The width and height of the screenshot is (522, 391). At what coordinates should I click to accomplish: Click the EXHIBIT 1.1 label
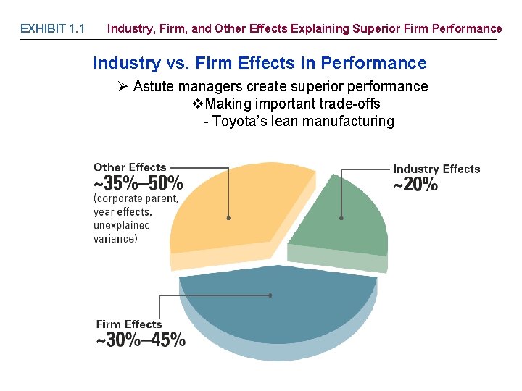coord(52,29)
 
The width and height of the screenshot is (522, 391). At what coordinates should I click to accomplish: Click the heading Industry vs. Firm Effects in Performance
coord(260,63)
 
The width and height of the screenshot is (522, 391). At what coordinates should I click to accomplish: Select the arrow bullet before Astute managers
coord(123,87)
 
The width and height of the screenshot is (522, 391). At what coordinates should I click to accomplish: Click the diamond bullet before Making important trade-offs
coord(198,104)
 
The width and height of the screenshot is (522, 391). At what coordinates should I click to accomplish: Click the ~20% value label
coord(415,185)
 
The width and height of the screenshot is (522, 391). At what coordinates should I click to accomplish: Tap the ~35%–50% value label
coord(138,183)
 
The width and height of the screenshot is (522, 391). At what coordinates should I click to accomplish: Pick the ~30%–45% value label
coord(141,340)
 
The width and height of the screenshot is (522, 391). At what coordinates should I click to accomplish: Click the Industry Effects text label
coord(436,169)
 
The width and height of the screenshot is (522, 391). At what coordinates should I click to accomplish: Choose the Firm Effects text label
coord(129,324)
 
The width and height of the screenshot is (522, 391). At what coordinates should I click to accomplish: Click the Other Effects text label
coord(130,167)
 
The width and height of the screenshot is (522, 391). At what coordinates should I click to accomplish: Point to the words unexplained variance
coord(122,232)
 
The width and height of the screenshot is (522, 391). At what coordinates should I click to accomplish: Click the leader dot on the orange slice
coord(228,218)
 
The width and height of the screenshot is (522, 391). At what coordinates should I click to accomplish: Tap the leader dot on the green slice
coord(341,218)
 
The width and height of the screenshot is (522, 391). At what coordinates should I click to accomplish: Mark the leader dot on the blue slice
coord(270,295)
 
